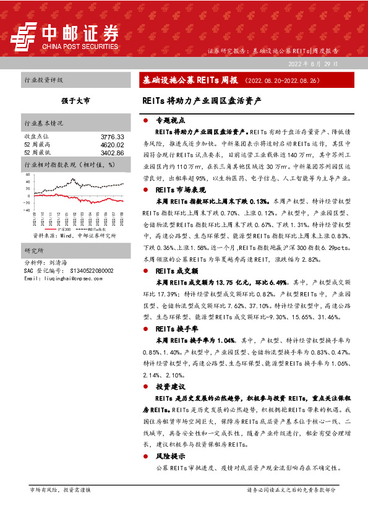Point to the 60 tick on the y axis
tap(28, 175)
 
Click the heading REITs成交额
tap(176, 271)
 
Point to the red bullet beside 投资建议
tap(144, 387)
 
